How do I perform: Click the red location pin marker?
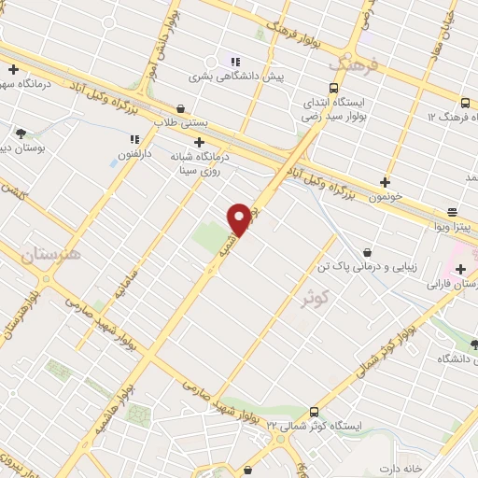(x=239, y=219)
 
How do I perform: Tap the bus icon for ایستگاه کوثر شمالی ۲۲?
(x=313, y=411)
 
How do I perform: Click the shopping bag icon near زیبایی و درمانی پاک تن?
(x=368, y=251)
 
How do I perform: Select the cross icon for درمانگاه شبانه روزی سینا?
(x=199, y=142)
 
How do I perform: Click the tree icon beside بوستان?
(x=21, y=134)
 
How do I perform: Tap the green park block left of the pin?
(x=211, y=233)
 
